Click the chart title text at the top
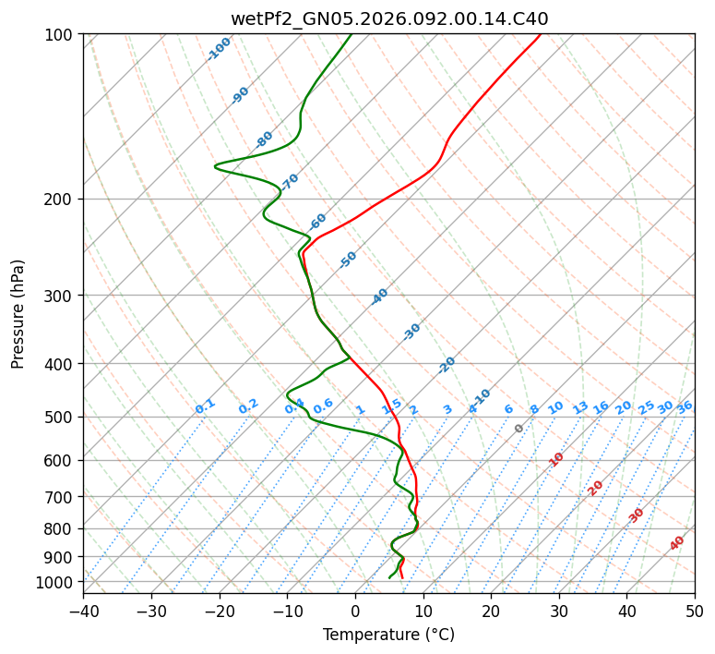point(388,18)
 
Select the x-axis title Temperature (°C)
point(388,635)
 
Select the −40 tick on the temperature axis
point(83,611)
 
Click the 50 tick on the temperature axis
point(695,611)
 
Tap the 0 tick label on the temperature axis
point(355,611)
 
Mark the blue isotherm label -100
point(219,49)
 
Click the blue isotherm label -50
point(348,260)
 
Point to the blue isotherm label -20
point(447,365)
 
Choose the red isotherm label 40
point(677,543)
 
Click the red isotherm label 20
point(596,487)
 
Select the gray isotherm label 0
point(519,429)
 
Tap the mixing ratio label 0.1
point(205,406)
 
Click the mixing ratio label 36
point(685,406)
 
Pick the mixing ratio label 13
point(580,407)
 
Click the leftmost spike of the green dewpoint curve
point(215,166)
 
